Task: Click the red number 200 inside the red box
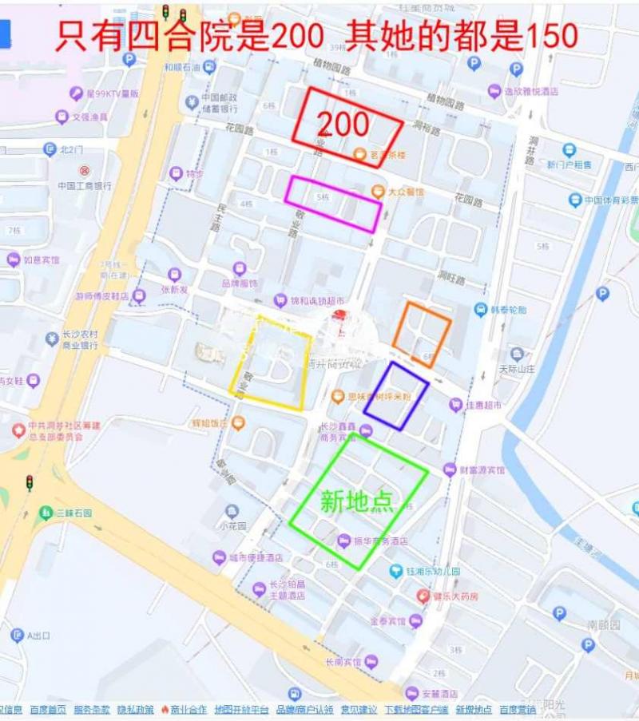click(x=343, y=124)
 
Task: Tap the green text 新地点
click(x=356, y=501)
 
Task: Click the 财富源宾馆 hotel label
click(x=481, y=469)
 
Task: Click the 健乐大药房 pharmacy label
click(x=455, y=596)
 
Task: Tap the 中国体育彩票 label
click(x=611, y=200)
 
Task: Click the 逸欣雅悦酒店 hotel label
click(x=530, y=91)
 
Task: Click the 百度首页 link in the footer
click(x=48, y=709)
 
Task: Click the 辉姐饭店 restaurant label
click(x=211, y=422)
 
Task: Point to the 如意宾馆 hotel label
click(x=41, y=259)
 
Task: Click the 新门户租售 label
click(x=570, y=164)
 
